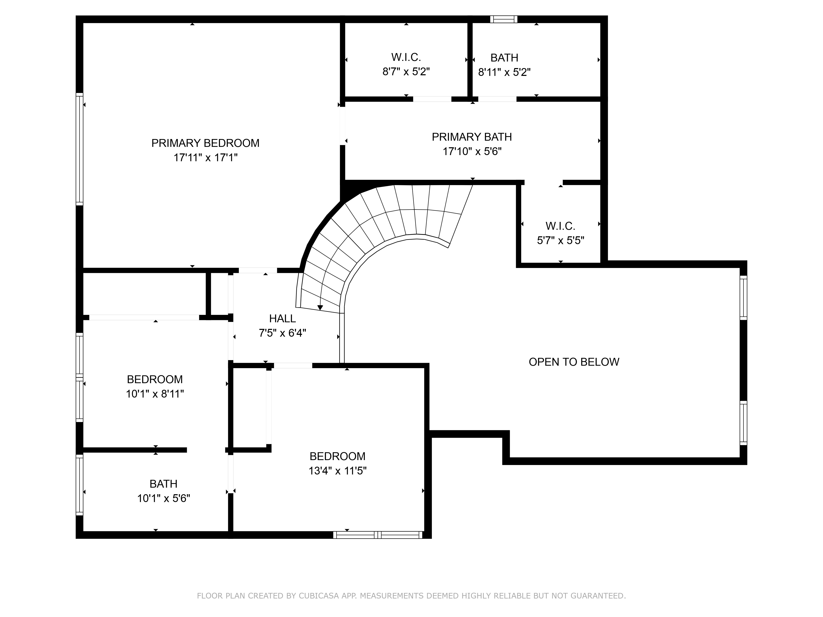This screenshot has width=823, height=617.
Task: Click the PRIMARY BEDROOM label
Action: coord(205,143)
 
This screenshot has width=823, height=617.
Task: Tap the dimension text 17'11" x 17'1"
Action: coord(205,158)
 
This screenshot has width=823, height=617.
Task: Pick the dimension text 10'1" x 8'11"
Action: coord(155,394)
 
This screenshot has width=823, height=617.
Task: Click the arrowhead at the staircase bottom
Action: coord(320,307)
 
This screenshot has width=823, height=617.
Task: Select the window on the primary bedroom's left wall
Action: coord(79,149)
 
